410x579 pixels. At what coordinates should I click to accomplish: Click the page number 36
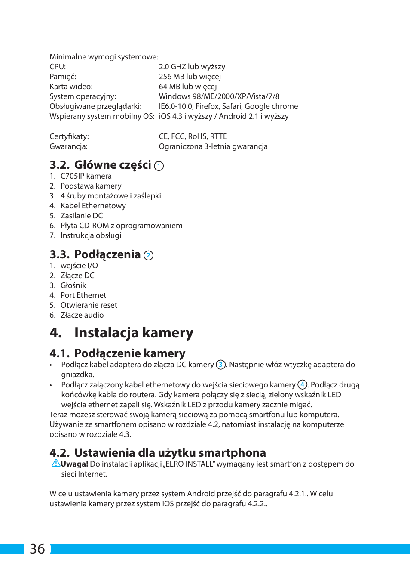[37, 549]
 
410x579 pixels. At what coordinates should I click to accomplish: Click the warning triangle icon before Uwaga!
[56, 463]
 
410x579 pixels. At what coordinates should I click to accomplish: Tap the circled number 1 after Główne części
[159, 166]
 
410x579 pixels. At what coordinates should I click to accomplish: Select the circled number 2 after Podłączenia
[148, 255]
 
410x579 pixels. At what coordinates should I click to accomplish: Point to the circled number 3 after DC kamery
[220, 365]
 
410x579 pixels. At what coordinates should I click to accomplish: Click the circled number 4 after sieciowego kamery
[302, 384]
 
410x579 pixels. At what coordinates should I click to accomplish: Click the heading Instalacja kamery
[134, 333]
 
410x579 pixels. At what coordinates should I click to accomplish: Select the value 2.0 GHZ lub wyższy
[192, 67]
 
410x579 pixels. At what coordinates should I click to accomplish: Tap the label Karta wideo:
[71, 87]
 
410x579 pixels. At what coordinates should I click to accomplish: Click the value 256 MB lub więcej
[190, 77]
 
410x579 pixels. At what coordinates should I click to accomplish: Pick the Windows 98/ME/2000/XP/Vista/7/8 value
[219, 96]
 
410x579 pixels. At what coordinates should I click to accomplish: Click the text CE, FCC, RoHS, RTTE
[193, 136]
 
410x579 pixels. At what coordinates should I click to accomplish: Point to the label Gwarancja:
[68, 146]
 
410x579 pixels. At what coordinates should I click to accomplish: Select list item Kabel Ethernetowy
[93, 206]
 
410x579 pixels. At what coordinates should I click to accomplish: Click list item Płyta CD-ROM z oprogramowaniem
[121, 226]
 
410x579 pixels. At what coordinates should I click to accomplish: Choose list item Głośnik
[73, 285]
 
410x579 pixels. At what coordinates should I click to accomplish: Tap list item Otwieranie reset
[89, 305]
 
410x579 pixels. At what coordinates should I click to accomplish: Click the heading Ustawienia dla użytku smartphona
[170, 453]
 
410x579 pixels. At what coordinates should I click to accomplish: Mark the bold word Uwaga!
[74, 464]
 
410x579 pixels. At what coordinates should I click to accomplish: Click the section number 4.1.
[59, 353]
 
